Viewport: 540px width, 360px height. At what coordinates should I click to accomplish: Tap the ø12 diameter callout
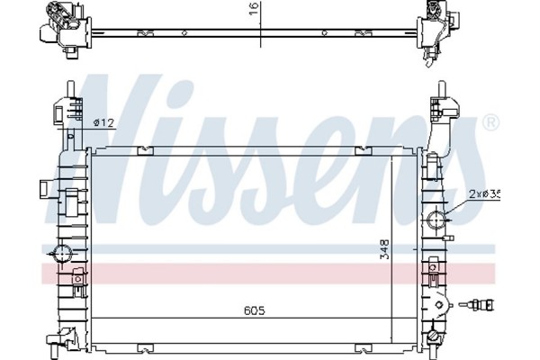(x=104, y=121)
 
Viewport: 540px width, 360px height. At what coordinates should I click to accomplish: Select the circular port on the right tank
(x=439, y=219)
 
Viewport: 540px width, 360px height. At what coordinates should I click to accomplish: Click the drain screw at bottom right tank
(x=436, y=337)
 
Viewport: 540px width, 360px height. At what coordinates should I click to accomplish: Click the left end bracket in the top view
(x=56, y=26)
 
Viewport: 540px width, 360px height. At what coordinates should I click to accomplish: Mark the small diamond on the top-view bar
(x=184, y=32)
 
